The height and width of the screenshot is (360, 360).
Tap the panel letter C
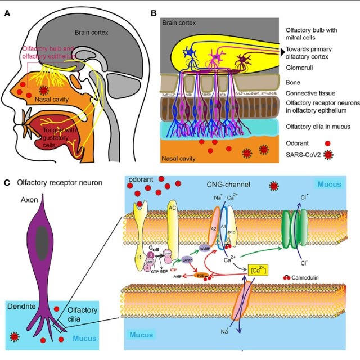click(6, 183)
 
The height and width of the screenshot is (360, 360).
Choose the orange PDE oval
click(200, 275)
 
